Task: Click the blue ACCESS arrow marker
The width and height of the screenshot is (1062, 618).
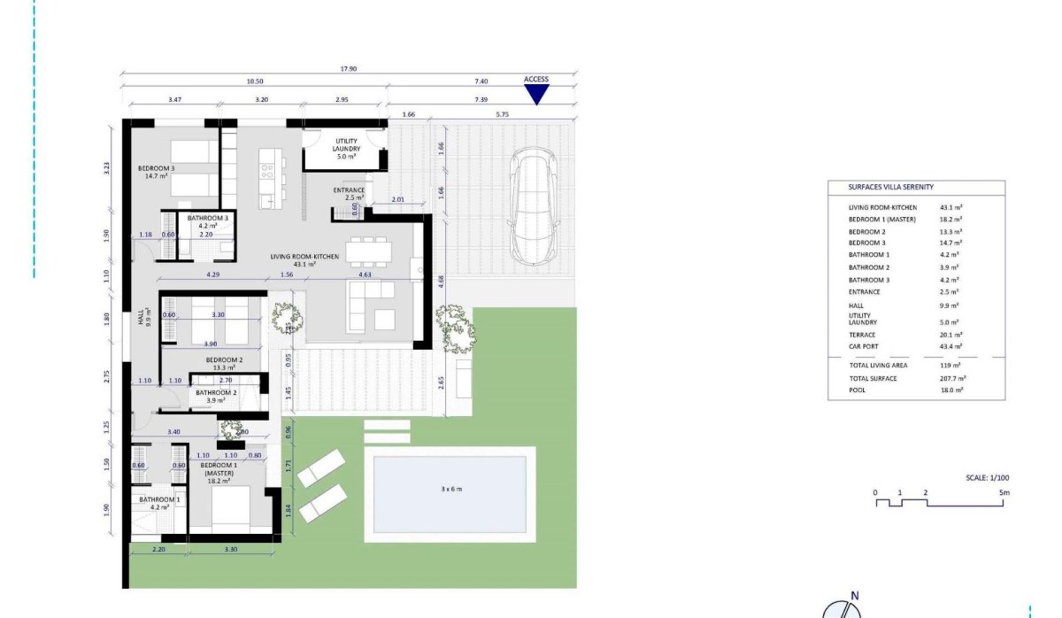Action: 536,94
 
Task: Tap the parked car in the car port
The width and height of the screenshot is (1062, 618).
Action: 531,207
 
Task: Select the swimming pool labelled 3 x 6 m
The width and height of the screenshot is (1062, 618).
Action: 450,494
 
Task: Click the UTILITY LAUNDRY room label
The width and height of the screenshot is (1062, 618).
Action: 347,145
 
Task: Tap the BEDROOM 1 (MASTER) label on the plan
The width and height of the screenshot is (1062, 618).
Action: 218,469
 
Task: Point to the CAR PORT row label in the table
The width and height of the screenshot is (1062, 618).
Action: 864,346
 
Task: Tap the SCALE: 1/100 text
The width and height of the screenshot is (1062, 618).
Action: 988,477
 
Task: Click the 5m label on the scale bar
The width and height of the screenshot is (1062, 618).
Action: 1004,492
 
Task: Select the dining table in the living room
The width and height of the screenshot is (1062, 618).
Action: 368,251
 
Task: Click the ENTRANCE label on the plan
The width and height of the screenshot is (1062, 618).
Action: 349,190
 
